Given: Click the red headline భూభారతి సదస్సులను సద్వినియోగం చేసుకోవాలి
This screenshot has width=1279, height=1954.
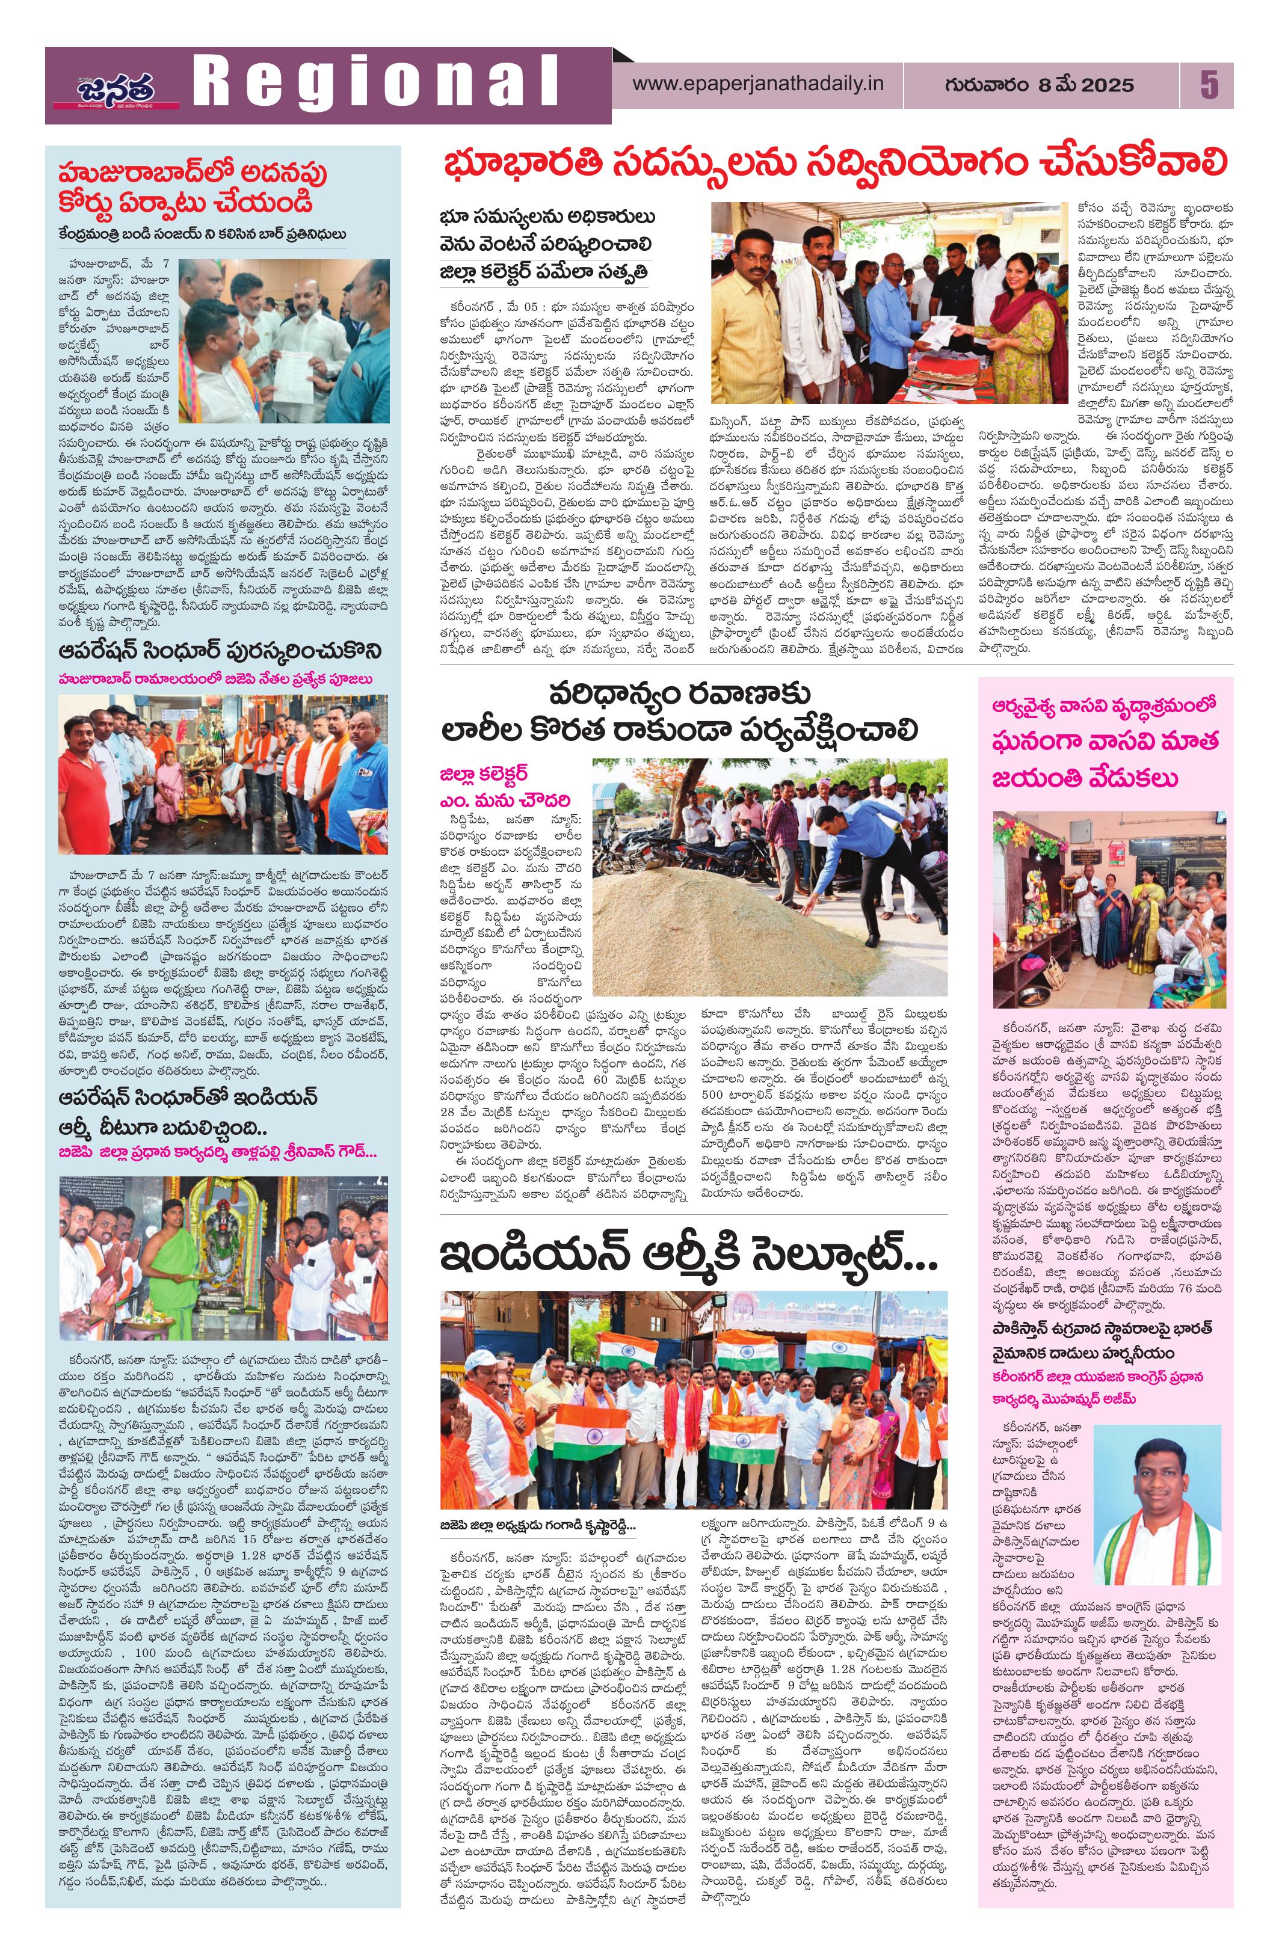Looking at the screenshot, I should tap(834, 164).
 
